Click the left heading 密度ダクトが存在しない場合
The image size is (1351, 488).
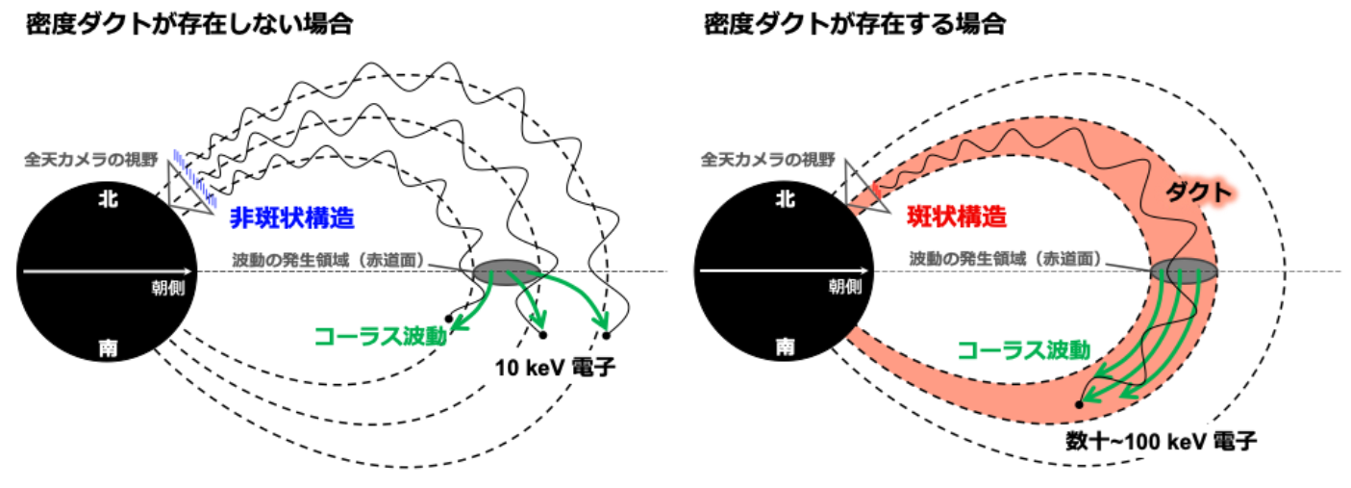[189, 24]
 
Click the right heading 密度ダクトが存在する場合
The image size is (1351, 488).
[855, 24]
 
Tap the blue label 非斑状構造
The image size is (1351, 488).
[292, 218]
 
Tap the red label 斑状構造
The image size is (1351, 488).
[957, 217]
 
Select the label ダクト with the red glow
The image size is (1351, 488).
[1198, 193]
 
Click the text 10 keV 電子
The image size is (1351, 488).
[555, 368]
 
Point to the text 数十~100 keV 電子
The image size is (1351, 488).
[1161, 442]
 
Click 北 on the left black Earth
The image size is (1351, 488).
[109, 199]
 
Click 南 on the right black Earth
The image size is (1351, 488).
[785, 347]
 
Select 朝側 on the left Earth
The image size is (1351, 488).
[168, 288]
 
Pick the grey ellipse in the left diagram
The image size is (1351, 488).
[506, 272]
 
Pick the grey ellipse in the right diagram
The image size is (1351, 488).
[1184, 270]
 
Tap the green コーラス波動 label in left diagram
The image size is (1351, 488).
[381, 336]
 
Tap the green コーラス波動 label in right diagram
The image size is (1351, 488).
[1024, 349]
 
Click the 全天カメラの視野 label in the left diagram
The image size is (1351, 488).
[91, 160]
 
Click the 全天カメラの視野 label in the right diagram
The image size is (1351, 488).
[767, 160]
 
